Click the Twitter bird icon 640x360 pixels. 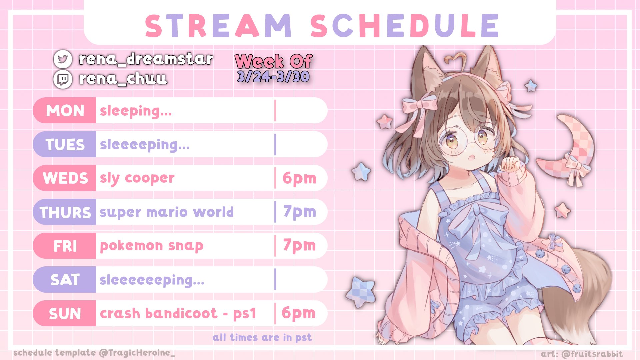point(63,59)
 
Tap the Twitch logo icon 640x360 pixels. point(63,79)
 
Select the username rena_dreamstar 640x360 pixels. point(146,59)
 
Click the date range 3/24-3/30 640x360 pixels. point(273,77)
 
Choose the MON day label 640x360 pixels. point(65,111)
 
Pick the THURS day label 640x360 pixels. point(65,212)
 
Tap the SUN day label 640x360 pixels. point(65,314)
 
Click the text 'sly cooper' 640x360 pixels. point(137,178)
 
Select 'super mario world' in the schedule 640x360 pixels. point(166,212)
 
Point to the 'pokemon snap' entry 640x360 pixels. point(151,246)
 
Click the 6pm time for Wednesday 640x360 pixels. point(299,178)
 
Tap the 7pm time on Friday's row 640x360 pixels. point(299,246)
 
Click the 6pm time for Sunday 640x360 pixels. point(298,313)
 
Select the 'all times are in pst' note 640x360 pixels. point(262,338)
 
